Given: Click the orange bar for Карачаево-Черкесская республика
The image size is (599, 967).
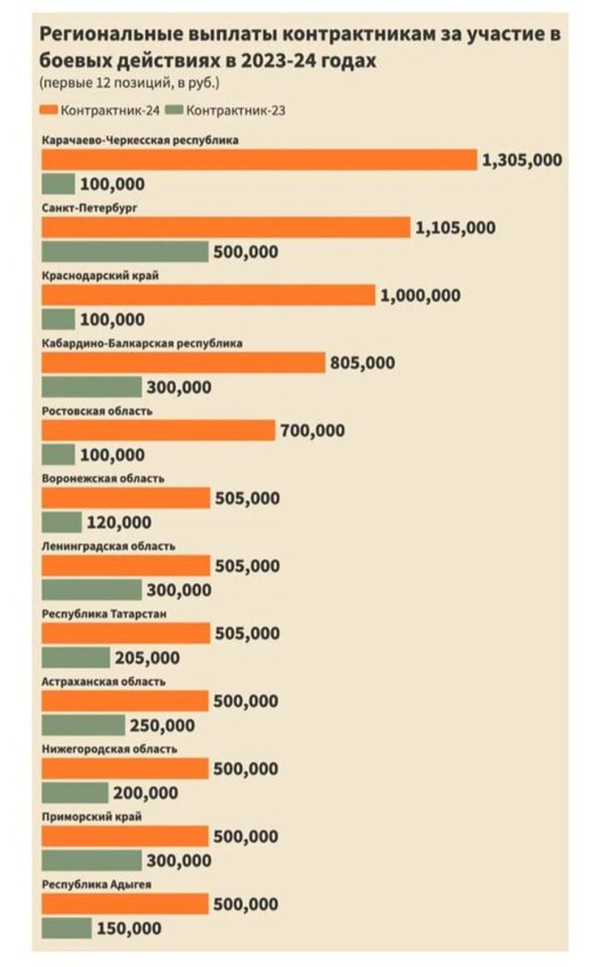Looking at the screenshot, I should (x=259, y=160).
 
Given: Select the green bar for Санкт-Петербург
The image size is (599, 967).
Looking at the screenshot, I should (x=125, y=251).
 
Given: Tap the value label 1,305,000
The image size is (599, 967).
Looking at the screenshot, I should (x=521, y=160).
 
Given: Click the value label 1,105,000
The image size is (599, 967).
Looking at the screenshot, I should (x=455, y=228).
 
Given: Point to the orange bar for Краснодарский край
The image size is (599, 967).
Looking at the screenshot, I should (x=208, y=295).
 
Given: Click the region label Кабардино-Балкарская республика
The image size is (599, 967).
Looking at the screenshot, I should (x=142, y=343).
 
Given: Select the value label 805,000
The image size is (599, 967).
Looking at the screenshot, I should (x=363, y=363).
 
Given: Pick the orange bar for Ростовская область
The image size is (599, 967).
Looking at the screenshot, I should (x=158, y=430).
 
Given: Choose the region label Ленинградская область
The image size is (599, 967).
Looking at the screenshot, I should (x=108, y=546).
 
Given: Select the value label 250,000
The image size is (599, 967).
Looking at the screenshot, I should (x=162, y=725).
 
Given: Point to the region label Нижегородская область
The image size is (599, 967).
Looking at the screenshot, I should (x=108, y=749).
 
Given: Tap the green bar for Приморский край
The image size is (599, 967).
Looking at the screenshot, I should (x=91, y=860).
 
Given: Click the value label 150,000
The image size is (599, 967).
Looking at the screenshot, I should (x=129, y=928).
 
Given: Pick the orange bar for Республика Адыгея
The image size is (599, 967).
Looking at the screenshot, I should (x=125, y=904).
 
